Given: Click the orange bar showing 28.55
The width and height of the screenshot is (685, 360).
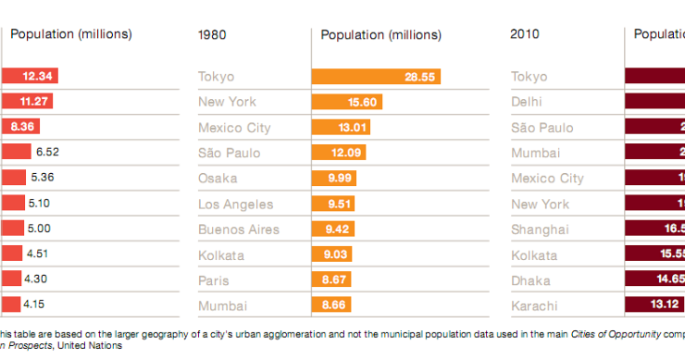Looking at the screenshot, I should point(376,77).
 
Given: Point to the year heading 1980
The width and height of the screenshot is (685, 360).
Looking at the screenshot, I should point(214,35).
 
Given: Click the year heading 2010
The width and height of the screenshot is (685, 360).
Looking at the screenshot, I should point(526,35).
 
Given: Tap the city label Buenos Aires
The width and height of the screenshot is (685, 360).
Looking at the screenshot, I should point(238,230).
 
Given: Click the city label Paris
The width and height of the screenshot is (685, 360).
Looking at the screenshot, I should point(214,280).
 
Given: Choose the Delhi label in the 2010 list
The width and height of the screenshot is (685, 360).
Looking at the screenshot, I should point(528,102).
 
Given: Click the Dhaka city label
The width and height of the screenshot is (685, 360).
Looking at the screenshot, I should point(530,280).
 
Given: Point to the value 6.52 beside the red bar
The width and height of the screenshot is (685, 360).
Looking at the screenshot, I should point(45,153).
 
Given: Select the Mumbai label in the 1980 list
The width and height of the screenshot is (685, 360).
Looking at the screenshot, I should point(219,305).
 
